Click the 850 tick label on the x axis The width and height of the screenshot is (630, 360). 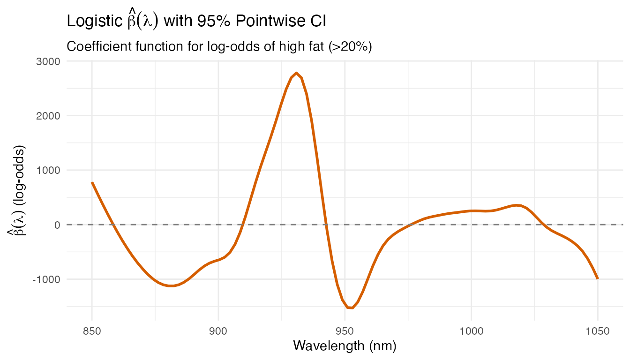click(92, 331)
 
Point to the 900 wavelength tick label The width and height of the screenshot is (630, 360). click(218, 331)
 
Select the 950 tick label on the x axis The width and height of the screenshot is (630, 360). click(345, 331)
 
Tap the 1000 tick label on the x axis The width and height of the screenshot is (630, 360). click(472, 331)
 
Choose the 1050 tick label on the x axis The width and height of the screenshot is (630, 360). click(598, 331)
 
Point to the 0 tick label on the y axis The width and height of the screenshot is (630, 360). click(58, 225)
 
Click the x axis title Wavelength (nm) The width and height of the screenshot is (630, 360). click(345, 346)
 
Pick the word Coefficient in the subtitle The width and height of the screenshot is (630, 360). click(97, 47)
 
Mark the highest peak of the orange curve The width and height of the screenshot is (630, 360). click(296, 73)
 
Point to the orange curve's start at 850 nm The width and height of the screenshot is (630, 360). click(92, 183)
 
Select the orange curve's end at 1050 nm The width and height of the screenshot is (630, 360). click(597, 278)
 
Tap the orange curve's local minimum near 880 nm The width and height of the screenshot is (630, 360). click(172, 286)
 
